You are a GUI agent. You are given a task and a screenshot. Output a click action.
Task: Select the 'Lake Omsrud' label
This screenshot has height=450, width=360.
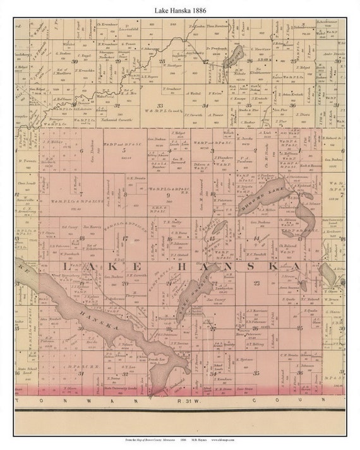click(190, 295)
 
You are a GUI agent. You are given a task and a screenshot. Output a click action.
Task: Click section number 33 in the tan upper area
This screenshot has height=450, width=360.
click(160, 106)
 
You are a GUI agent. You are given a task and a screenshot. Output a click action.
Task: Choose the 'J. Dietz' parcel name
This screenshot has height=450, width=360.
click(305, 115)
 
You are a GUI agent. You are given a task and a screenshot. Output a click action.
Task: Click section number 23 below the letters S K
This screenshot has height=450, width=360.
click(256, 283)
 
